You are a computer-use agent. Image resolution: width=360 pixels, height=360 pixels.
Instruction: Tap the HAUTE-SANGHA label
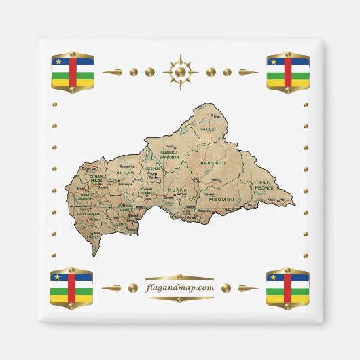point(90,215)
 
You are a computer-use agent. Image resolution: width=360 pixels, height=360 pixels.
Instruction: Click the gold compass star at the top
point(180,71)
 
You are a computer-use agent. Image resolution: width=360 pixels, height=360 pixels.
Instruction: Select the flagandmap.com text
point(180,287)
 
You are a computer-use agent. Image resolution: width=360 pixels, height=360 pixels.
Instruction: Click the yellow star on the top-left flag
point(58,61)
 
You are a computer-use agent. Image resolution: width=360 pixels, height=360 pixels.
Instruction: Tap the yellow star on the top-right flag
point(274,61)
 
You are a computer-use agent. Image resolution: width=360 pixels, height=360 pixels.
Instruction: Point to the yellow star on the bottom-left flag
point(58,278)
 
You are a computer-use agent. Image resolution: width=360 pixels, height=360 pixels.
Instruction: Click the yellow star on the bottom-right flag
point(274,278)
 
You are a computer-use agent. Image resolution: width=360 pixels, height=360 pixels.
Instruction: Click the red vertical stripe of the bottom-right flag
point(288,288)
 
